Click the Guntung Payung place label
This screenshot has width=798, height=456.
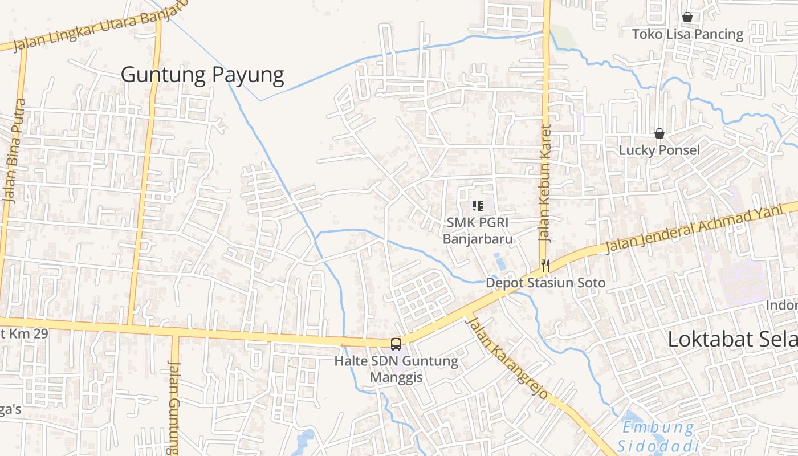202,75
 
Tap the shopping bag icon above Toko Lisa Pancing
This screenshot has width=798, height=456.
687,17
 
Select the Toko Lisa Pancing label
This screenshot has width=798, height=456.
687,34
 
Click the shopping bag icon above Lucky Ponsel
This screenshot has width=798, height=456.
659,133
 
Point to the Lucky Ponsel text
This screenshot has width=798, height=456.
659,150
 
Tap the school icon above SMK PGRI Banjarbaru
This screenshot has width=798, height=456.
478,205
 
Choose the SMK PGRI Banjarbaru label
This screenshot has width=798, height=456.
478,230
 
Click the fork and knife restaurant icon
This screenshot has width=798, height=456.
545,265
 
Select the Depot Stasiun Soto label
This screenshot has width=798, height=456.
545,283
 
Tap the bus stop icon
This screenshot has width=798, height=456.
396,344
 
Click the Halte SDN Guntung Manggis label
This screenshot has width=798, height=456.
396,369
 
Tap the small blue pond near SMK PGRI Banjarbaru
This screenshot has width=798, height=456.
500,263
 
